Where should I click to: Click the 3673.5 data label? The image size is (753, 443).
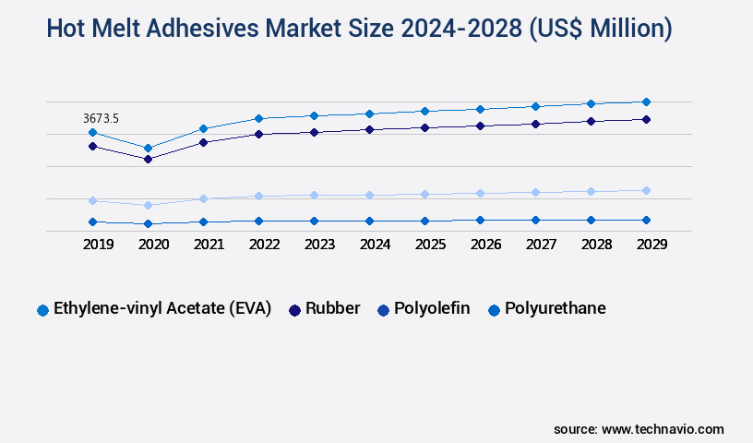101,118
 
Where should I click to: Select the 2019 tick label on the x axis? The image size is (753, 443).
99,245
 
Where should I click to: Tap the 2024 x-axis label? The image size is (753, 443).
375,245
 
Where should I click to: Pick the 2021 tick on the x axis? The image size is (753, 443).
209,245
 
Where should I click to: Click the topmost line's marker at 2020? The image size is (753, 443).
148,148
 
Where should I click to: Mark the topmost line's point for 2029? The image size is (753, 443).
646,102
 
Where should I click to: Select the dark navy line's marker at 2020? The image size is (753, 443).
148,159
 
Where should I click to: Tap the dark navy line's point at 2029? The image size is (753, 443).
646,119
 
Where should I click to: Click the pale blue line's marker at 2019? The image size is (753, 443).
92,200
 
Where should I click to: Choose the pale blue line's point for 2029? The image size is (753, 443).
646,190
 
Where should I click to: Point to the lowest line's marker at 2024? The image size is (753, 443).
369,221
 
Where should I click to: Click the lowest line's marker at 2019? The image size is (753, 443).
92,221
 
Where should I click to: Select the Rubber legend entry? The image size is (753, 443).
333,308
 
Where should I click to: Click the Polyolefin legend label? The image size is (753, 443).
431,308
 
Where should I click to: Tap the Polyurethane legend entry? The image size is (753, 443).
555,308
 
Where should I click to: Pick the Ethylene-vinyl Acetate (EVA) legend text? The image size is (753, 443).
162,308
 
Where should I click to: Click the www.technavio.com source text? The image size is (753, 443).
663,429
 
